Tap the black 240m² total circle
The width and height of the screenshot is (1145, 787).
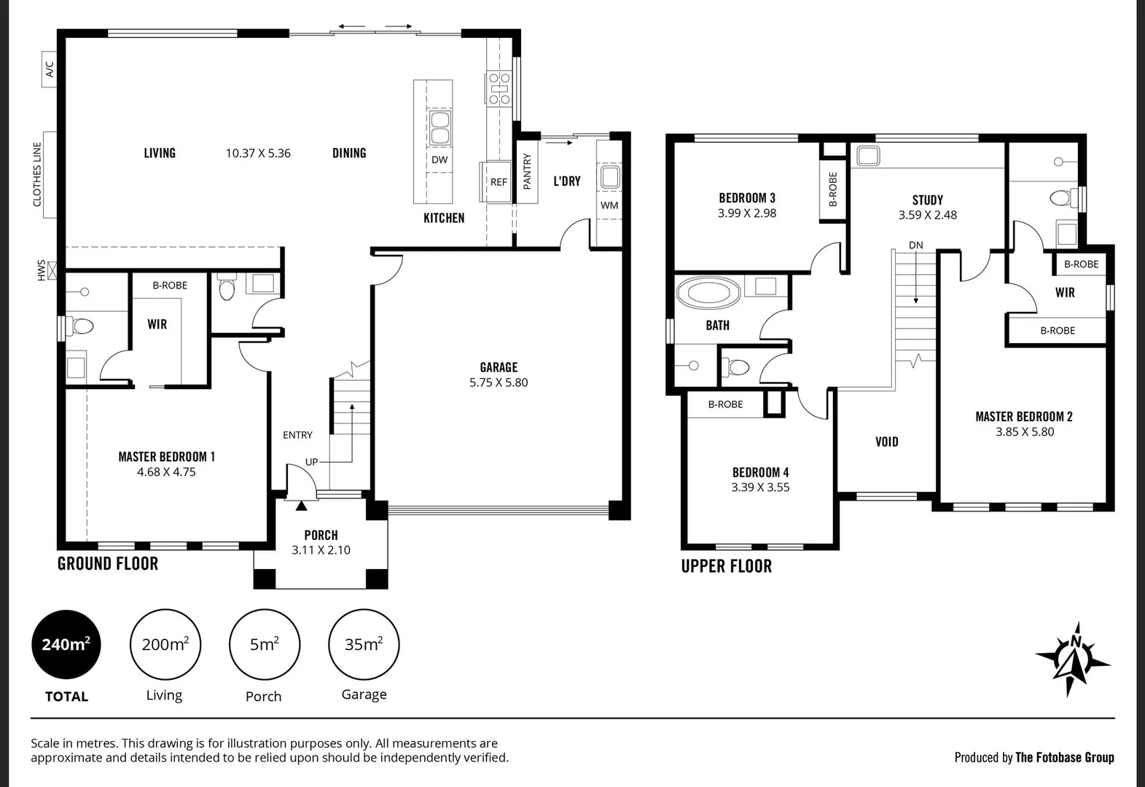coord(66,644)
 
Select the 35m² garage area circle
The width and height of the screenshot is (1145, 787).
coord(364,644)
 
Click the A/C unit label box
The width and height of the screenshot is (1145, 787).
coord(50,69)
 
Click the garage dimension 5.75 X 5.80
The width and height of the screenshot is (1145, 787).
coord(499,383)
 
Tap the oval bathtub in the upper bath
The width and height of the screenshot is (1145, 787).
coord(708,294)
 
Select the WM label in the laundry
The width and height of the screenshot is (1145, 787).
coord(609,205)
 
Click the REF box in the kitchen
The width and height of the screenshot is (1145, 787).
coord(499,182)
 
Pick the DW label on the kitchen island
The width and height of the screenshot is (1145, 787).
coord(439,160)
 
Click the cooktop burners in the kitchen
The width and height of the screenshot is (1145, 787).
coord(499,89)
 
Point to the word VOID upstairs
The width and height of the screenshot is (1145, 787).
coord(886,442)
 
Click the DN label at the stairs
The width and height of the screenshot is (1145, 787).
coord(915,245)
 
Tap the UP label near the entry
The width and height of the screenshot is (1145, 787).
coord(311,462)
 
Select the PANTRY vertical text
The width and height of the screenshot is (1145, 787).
coord(527,171)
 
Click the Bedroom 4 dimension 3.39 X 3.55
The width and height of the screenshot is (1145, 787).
coord(760,488)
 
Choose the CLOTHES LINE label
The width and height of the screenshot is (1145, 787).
coord(38,174)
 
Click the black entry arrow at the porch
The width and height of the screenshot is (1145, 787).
coord(301,504)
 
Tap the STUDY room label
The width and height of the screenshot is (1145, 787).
coord(927,200)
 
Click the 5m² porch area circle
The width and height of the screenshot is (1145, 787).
coord(264,644)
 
